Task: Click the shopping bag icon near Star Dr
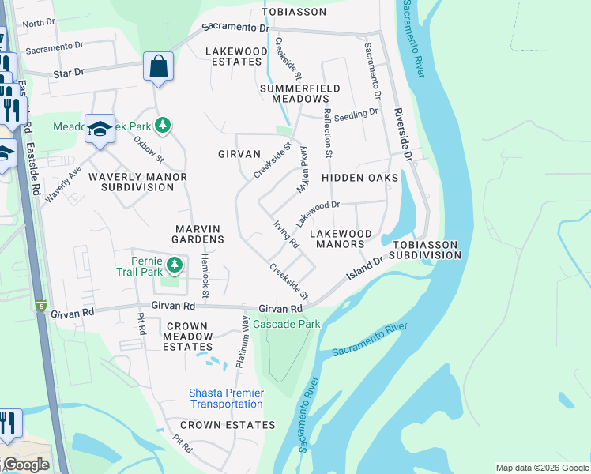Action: coord(158,67)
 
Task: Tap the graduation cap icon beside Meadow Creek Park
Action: coord(100,130)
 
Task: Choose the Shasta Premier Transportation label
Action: coord(226,398)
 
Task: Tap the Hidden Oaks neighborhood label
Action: coord(359,178)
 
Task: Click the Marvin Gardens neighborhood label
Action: coord(199,233)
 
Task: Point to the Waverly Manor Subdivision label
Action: coord(137,182)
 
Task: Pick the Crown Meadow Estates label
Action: coord(187,336)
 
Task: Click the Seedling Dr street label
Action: coord(356,115)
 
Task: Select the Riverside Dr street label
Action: coord(403,134)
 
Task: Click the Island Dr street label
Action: coord(367,269)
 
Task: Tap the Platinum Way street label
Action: coord(243,341)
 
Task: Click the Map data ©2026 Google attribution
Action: coord(542,468)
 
